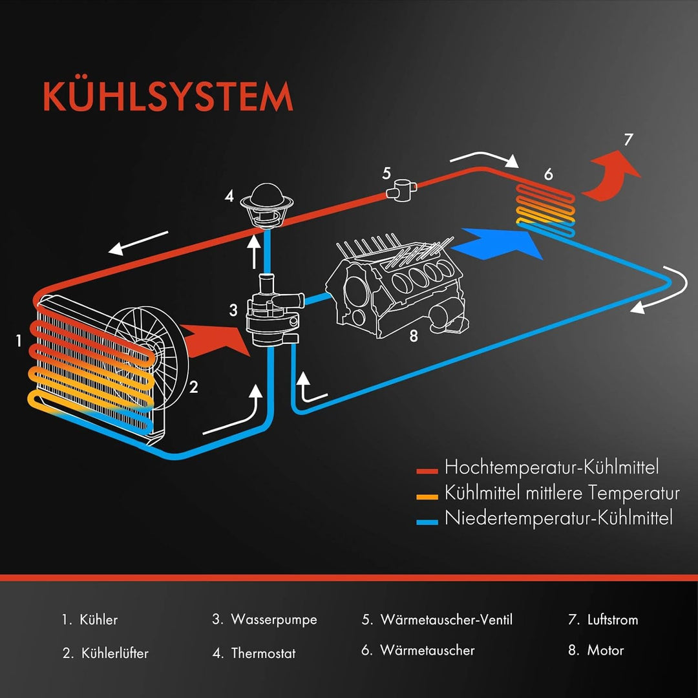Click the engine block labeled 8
click(x=394, y=284)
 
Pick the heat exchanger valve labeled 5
click(x=401, y=190)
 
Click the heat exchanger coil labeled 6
click(x=546, y=207)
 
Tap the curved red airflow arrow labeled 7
click(x=611, y=173)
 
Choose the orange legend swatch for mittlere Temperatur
click(x=428, y=496)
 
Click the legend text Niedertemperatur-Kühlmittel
click(x=558, y=518)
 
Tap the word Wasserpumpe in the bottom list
click(x=274, y=620)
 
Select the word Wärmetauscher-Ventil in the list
click(x=446, y=620)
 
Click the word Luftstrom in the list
click(x=612, y=620)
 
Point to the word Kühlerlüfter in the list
click(x=115, y=653)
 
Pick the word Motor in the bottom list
click(x=606, y=650)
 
